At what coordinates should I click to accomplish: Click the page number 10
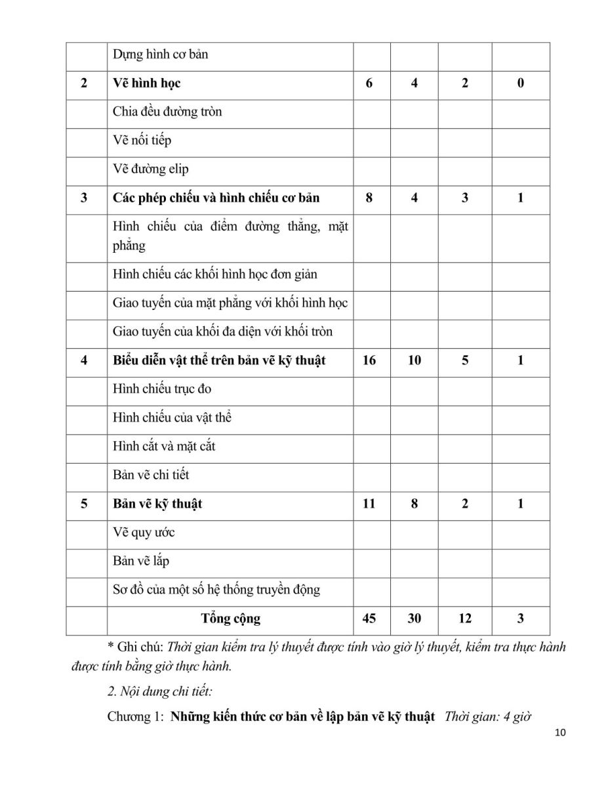[559, 733]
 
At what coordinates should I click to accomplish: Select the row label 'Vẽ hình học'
[146, 83]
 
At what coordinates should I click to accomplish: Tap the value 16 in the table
[369, 361]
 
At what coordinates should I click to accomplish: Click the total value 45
[369, 619]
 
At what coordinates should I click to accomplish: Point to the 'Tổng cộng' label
[230, 619]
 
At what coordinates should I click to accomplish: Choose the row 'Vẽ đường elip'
[150, 169]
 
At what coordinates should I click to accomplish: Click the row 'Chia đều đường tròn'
[167, 112]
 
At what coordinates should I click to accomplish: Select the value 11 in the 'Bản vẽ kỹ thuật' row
[369, 504]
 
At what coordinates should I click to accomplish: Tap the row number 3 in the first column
[84, 198]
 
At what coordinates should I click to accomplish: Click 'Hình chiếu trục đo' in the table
[161, 389]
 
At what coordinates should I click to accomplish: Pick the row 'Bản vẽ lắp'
[141, 561]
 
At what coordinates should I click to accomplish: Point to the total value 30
[415, 619]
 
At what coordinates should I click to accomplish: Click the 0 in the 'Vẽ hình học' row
[520, 83]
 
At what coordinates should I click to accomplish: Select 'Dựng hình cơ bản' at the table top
[160, 55]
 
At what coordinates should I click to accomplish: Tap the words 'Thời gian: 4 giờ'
[487, 716]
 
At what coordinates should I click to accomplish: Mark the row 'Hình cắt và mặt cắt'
[164, 447]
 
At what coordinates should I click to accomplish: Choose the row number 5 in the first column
[84, 504]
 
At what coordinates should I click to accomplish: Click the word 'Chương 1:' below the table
[134, 717]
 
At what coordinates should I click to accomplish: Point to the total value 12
[464, 619]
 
